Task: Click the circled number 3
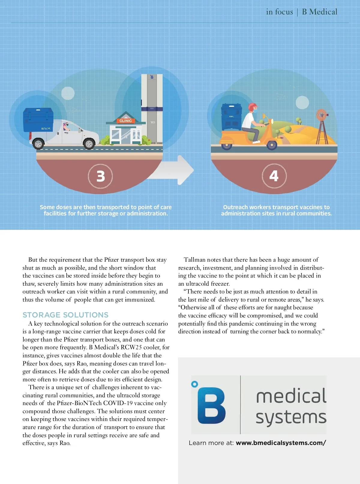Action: pyautogui.click(x=100, y=176)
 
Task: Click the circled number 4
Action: pyautogui.click(x=274, y=176)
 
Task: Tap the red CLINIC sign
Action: pyautogui.click(x=125, y=121)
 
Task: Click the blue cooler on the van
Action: pyautogui.click(x=38, y=119)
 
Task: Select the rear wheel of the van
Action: pyautogui.click(x=38, y=144)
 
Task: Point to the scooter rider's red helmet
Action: pyautogui.click(x=253, y=107)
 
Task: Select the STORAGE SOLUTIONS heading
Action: pyautogui.click(x=65, y=315)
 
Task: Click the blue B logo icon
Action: pyautogui.click(x=211, y=405)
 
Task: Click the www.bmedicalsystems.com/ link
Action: pyautogui.click(x=281, y=443)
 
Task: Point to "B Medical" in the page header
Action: pyautogui.click(x=319, y=12)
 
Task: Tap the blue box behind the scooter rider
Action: pyautogui.click(x=231, y=117)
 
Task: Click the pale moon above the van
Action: pyautogui.click(x=68, y=93)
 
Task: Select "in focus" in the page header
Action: pyautogui.click(x=279, y=12)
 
